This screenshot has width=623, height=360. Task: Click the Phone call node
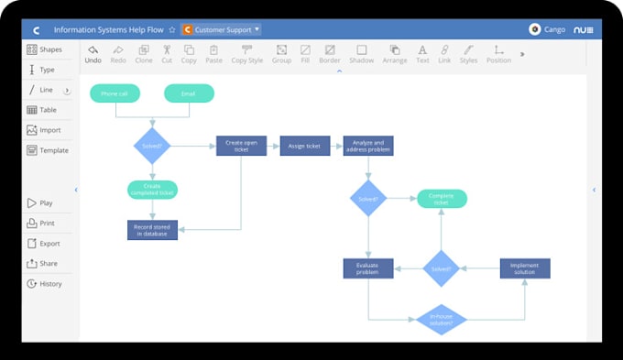(x=115, y=93)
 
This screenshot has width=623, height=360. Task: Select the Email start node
(x=189, y=93)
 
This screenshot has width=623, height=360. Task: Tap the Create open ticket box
(x=241, y=146)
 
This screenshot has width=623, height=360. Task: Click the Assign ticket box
(x=305, y=146)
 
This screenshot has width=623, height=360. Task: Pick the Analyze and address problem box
(x=368, y=146)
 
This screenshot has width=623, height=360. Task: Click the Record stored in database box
(x=151, y=230)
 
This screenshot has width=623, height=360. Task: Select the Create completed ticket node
(x=151, y=189)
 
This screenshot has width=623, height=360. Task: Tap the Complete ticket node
(x=442, y=199)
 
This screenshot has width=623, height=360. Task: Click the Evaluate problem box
(x=368, y=268)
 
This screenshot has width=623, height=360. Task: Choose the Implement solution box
(x=525, y=268)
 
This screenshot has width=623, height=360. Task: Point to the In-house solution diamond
(x=442, y=320)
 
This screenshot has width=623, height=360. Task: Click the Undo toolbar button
(x=93, y=54)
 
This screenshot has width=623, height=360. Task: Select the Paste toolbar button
(x=213, y=54)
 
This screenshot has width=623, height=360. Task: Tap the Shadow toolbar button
(x=362, y=54)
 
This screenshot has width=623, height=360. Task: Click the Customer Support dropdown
(x=222, y=29)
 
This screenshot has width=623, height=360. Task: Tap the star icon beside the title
(x=171, y=29)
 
